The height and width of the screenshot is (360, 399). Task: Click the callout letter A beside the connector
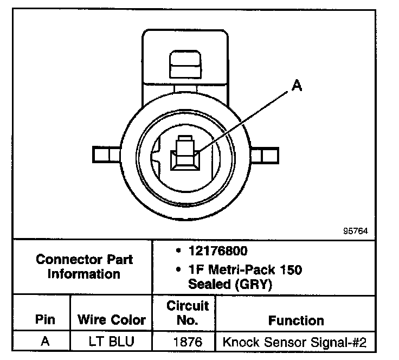pyautogui.click(x=296, y=85)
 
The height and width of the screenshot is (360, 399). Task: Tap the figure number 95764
pyautogui.click(x=355, y=230)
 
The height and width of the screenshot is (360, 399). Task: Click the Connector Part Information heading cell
pyautogui.click(x=84, y=266)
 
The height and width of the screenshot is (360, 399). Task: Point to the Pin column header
pyautogui.click(x=45, y=319)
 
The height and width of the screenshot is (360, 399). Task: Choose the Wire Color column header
pyautogui.click(x=112, y=319)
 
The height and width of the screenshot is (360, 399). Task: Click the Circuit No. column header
pyautogui.click(x=187, y=313)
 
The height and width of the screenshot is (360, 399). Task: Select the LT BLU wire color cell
pyautogui.click(x=112, y=343)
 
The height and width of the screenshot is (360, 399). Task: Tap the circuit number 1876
pyautogui.click(x=187, y=343)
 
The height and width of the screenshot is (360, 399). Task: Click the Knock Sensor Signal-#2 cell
pyautogui.click(x=294, y=343)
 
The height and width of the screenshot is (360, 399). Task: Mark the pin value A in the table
pyautogui.click(x=45, y=343)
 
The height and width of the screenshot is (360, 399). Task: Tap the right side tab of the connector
pyautogui.click(x=266, y=156)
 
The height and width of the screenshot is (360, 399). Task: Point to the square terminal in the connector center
pyautogui.click(x=184, y=158)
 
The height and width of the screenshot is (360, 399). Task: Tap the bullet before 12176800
pyautogui.click(x=179, y=252)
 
